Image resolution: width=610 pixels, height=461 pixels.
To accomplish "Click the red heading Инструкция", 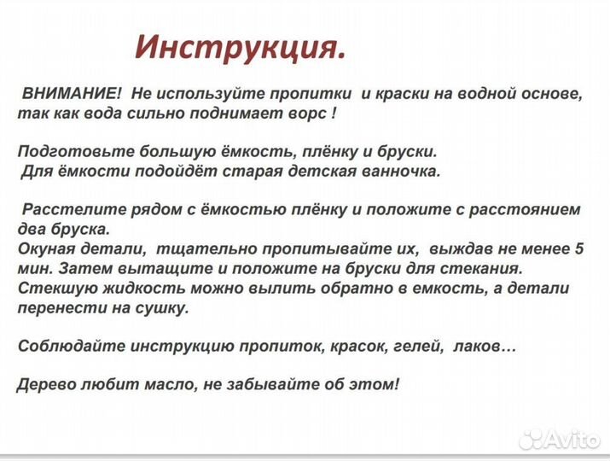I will click(241, 47).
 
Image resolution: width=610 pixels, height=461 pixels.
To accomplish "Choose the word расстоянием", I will click(529, 209).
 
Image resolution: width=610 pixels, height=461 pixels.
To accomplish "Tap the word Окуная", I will click(45, 249).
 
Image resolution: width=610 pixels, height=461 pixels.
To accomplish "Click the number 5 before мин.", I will click(579, 249).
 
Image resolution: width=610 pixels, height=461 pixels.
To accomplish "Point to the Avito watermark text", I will click(572, 440).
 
